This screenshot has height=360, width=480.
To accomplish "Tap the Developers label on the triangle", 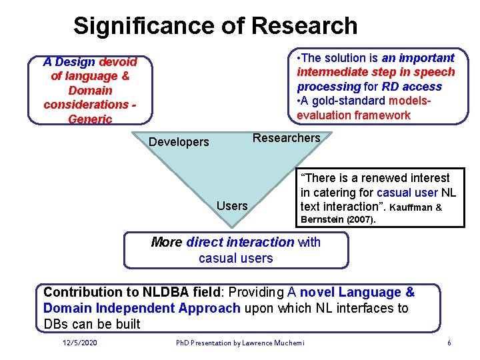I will pos(179,141).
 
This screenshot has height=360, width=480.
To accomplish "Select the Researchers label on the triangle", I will pos(286,138).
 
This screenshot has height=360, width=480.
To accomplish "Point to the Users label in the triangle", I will pos(232,205).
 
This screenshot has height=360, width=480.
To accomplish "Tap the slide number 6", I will pos(449,343).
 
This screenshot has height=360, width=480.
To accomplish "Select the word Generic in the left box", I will pos(90,119).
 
